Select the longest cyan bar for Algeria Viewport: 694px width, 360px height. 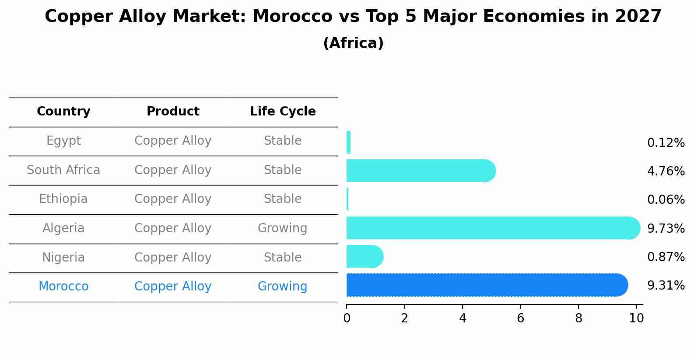tap(493, 228)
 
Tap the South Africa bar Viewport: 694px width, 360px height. tap(421, 171)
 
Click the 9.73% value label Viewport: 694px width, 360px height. tap(666, 228)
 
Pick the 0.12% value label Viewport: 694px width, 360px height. tap(666, 143)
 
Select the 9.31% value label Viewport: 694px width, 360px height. tap(666, 286)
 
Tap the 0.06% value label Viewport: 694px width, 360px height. tap(666, 200)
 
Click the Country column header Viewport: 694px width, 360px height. tap(63, 112)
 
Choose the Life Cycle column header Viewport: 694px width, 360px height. tap(283, 112)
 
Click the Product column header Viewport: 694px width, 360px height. tap(173, 112)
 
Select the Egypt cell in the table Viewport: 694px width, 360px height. tap(63, 141)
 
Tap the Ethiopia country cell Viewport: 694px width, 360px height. tap(63, 199)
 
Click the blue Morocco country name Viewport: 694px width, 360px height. tap(63, 287)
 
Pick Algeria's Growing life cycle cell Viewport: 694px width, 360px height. tap(282, 228)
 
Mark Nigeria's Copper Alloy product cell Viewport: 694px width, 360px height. tap(173, 258)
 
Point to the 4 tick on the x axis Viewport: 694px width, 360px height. tap(463, 318)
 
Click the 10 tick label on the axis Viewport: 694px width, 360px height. tap(636, 318)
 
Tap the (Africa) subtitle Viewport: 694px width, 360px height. tap(353, 43)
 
